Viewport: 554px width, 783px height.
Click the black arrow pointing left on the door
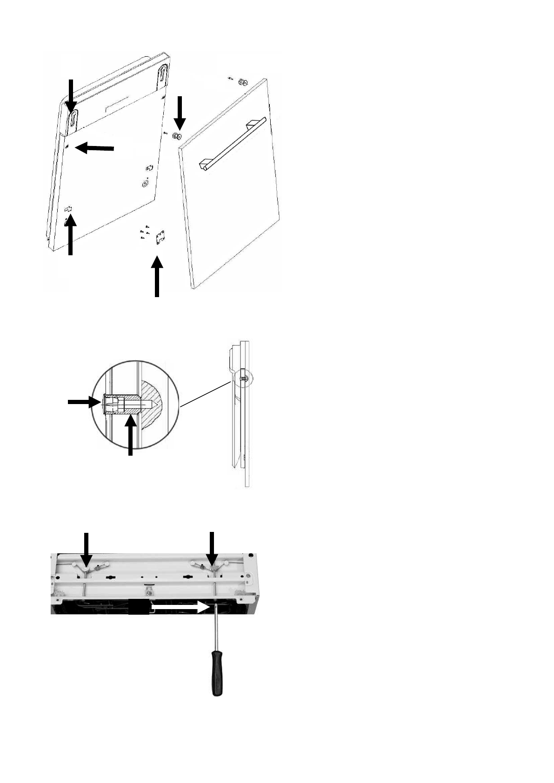click(95, 148)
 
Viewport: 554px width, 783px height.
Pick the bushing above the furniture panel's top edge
click(243, 82)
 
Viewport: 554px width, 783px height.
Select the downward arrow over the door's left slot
click(71, 95)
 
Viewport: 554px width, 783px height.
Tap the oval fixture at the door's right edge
click(146, 184)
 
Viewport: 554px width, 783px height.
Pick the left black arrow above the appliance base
click(86, 550)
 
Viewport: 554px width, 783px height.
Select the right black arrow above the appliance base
click(212, 550)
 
